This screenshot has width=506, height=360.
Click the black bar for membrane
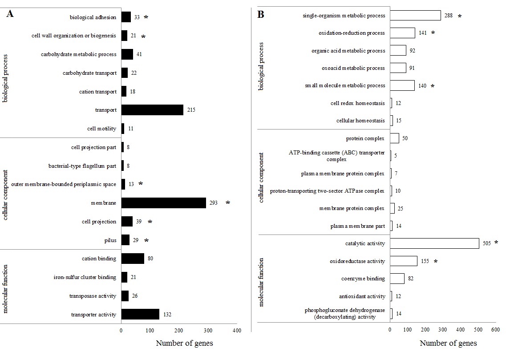pyautogui.click(x=163, y=203)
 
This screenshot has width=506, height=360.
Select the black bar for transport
pyautogui.click(x=152, y=110)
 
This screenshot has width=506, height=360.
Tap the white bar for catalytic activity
pyautogui.click(x=434, y=243)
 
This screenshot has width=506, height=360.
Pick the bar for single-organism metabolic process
pyautogui.click(x=415, y=16)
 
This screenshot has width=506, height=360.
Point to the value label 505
pyautogui.click(x=486, y=243)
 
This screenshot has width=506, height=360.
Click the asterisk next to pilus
pyautogui.click(x=146, y=240)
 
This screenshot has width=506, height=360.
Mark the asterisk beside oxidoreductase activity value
pyautogui.click(x=436, y=261)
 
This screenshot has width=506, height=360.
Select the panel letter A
pyautogui.click(x=10, y=14)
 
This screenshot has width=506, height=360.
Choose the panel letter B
pyautogui.click(x=261, y=15)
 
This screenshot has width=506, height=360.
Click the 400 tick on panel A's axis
pyautogui.click(x=237, y=331)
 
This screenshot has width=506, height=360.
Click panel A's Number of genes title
pyautogui.click(x=184, y=343)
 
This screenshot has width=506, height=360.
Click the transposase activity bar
pyautogui.click(x=125, y=296)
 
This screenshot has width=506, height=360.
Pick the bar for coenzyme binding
pyautogui.click(x=397, y=279)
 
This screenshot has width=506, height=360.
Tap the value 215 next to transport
pyautogui.click(x=191, y=110)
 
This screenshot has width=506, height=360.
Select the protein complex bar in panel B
pyautogui.click(x=394, y=138)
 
